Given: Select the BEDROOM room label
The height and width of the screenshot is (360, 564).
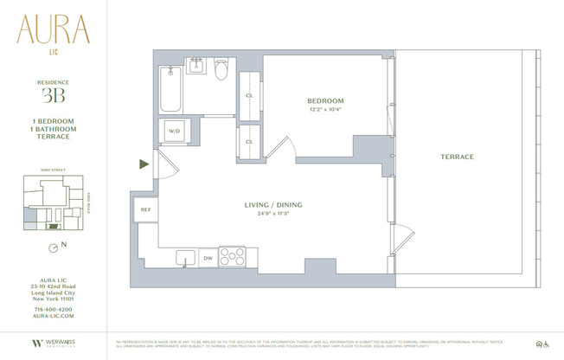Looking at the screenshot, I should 325,101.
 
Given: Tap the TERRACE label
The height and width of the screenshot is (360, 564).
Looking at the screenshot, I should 456,157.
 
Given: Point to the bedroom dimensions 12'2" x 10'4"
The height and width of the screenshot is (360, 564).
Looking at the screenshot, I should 325,110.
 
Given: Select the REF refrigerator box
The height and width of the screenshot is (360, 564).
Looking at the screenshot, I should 143,209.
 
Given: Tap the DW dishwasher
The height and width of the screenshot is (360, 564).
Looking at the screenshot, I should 207,257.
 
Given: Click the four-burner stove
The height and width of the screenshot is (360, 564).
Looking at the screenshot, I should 232,256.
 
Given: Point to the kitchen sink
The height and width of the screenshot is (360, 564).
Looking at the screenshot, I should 184,257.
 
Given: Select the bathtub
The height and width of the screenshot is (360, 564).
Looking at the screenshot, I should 170,87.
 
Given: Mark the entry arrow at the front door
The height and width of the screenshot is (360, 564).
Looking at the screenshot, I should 144,164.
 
